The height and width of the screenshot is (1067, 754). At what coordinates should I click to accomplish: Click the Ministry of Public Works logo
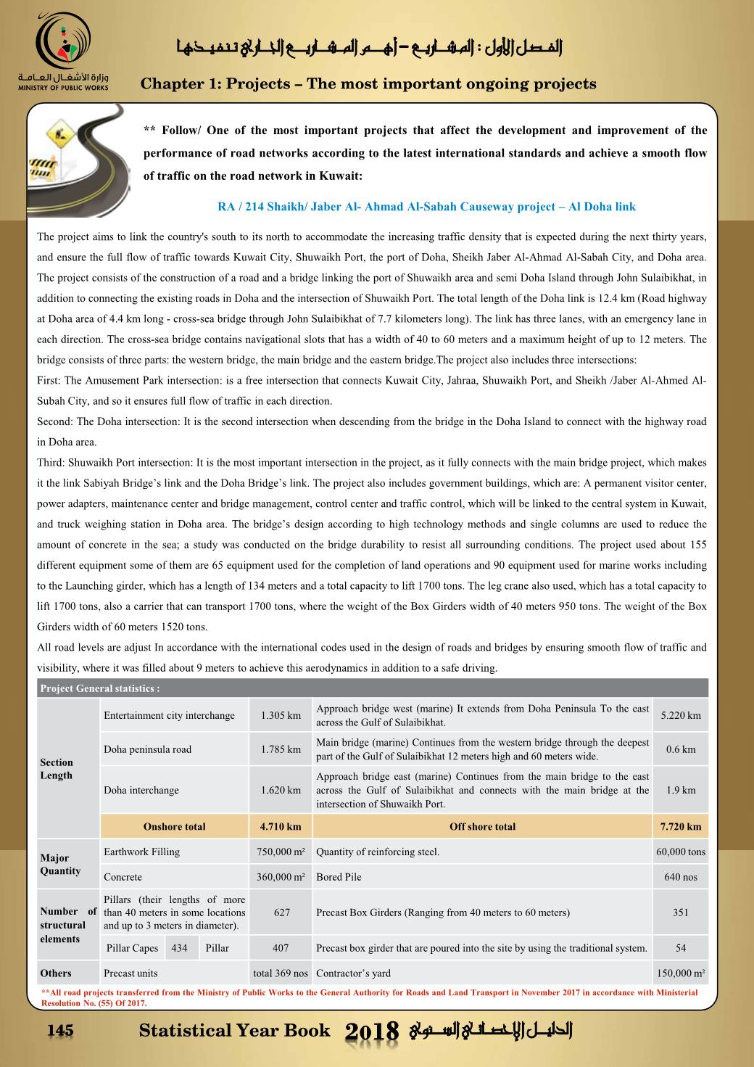tap(64, 51)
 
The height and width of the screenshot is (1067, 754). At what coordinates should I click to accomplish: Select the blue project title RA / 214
tap(426, 207)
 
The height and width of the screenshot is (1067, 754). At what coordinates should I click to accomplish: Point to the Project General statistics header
tap(100, 688)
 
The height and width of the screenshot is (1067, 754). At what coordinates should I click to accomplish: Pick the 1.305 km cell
tap(281, 716)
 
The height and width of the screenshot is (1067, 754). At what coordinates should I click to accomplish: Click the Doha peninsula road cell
tap(148, 749)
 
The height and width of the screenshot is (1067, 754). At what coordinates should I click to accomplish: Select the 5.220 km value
tap(681, 716)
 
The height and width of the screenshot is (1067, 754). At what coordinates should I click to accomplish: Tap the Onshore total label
tap(174, 826)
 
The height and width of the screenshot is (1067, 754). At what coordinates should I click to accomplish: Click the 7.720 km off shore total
tap(681, 826)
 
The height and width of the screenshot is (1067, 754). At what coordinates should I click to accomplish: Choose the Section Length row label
tap(57, 769)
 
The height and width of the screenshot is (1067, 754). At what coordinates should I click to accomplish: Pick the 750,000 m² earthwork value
tap(281, 852)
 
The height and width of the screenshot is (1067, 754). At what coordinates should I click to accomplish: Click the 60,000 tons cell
tap(681, 852)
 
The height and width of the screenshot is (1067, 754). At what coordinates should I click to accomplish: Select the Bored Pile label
tap(339, 877)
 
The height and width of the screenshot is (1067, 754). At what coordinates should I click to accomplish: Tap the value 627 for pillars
tap(282, 912)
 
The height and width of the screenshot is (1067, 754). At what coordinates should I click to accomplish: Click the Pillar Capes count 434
tap(179, 948)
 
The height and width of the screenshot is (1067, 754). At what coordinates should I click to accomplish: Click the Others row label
tap(56, 973)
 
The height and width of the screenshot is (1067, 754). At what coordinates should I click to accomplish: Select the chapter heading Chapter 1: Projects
tap(368, 84)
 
